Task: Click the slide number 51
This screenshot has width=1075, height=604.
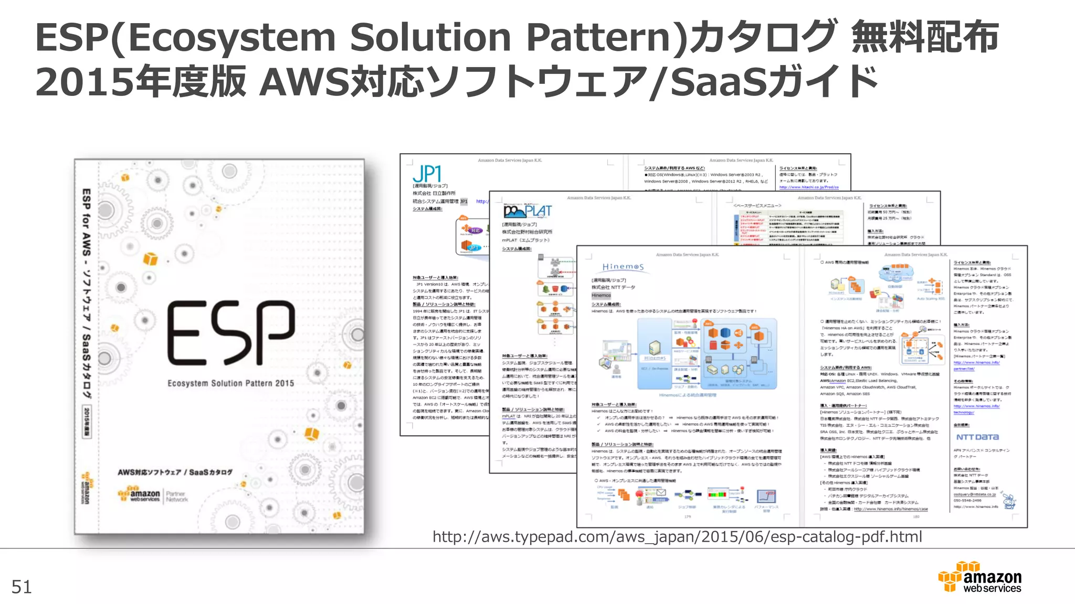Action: coord(22,587)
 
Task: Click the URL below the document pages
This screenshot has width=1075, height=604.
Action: coord(677,537)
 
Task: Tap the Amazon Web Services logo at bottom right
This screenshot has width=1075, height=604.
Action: coord(980,577)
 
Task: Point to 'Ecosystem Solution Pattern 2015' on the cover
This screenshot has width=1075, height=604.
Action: coord(230,383)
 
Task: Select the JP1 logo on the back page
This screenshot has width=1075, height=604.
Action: coord(427,174)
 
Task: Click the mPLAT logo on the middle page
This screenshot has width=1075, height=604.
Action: coord(528,211)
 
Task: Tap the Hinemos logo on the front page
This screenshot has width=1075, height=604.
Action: coord(623,267)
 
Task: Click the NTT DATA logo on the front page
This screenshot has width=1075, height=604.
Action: coord(977,437)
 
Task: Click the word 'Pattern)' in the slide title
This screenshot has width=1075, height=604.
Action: coord(606,38)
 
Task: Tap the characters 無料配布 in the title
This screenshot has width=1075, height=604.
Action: coord(925,38)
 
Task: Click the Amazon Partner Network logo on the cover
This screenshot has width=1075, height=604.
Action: coord(153,495)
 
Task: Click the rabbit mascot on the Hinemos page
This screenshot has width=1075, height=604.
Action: coord(1008,501)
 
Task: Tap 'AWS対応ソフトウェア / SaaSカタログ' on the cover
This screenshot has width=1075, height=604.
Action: coord(175,472)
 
